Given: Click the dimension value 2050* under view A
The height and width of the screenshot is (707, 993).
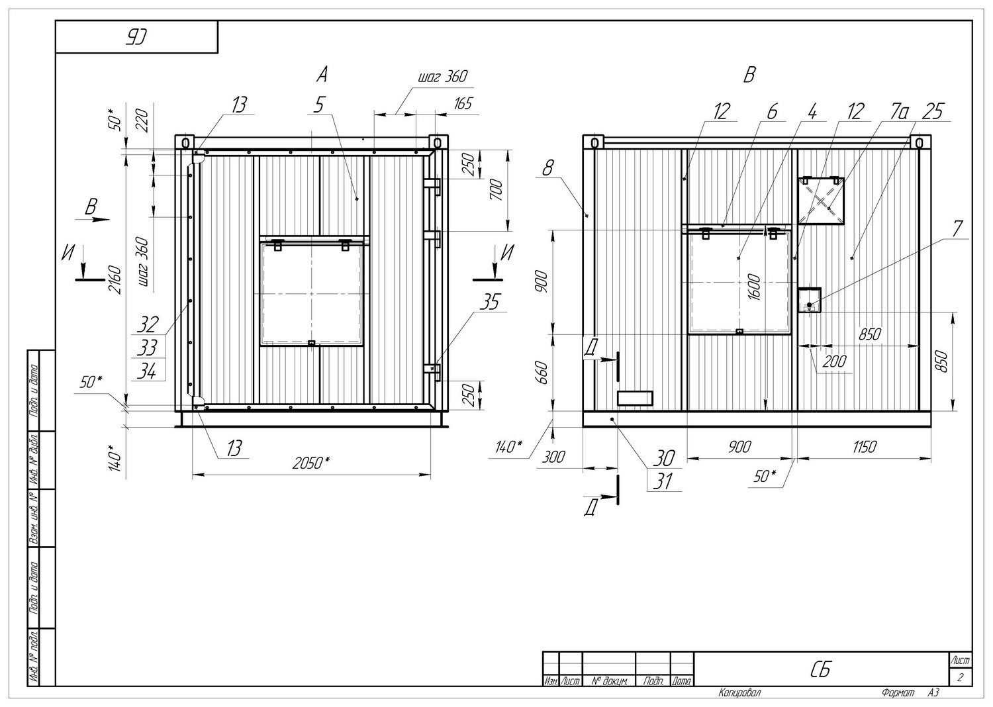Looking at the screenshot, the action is (311, 463).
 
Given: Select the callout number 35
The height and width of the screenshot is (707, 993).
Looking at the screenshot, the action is (489, 303).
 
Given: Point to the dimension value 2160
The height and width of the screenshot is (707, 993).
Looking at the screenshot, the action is (115, 279).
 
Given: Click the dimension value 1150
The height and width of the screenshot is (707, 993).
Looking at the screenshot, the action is (864, 447).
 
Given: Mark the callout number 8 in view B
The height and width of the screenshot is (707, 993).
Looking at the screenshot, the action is (548, 168).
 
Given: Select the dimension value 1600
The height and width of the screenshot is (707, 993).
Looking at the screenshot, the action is (754, 287).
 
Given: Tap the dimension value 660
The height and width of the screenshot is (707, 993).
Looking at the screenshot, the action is (542, 373).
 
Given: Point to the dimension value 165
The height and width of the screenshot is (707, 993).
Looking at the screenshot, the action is (463, 104).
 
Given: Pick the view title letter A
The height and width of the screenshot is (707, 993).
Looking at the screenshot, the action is (322, 74).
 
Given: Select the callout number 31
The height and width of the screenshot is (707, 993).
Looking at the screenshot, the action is (663, 482).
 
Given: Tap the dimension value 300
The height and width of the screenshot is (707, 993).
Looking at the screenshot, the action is (553, 457).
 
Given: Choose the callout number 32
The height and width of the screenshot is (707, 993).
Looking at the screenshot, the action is (147, 325).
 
